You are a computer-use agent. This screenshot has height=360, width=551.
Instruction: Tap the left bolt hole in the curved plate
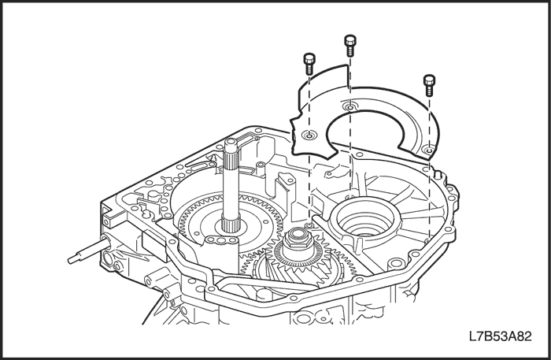pos(309,135)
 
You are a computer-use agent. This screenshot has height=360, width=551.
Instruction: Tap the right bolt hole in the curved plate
pos(427,147)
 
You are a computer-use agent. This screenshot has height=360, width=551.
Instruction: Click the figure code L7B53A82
pos(500,337)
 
